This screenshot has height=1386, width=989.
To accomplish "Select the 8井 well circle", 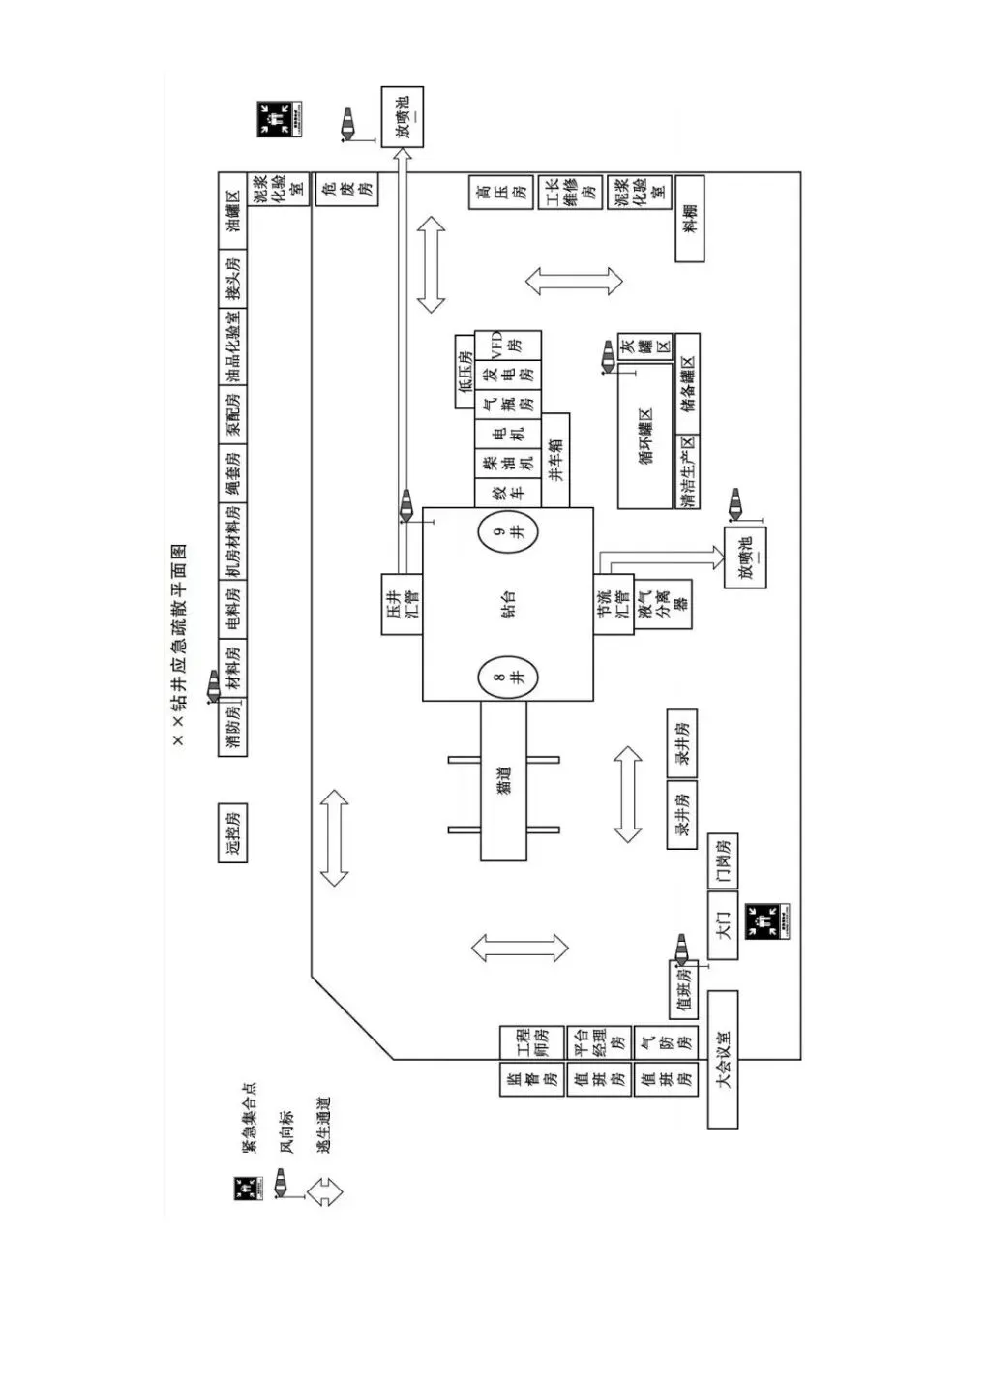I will coord(508,677).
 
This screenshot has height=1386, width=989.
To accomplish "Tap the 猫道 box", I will coord(504,781).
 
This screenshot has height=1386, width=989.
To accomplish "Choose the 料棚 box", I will coord(689,218).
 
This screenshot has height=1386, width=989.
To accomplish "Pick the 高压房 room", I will coord(500,193).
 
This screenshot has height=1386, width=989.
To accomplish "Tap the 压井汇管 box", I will coord(402,604).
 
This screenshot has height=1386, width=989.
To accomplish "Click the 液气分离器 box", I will coord(665,605).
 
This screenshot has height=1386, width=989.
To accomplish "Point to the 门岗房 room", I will coord(722,860).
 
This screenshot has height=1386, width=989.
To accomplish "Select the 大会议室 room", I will coord(723,1059).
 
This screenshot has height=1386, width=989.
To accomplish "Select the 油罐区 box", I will coord(232,210).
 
